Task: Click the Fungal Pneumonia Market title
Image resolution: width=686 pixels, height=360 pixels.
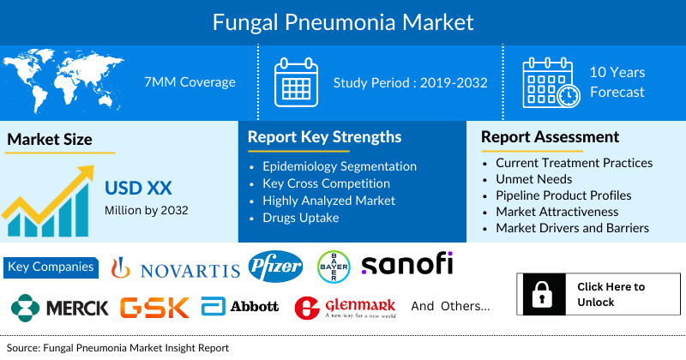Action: (x=343, y=19)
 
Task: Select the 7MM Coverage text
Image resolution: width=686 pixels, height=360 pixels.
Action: (x=190, y=82)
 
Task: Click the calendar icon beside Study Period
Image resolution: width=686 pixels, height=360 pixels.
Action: (x=296, y=82)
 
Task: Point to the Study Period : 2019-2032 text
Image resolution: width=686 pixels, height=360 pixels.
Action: (x=410, y=82)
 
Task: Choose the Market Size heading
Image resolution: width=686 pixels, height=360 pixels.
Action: (x=50, y=139)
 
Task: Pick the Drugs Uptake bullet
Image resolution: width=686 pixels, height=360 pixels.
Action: (x=302, y=218)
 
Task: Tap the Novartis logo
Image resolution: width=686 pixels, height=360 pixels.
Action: (x=177, y=269)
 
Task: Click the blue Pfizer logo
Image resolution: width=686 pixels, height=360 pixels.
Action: (x=274, y=267)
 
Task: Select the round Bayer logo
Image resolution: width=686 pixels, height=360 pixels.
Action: (x=334, y=267)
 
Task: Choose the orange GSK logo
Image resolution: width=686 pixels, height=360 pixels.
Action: (x=155, y=308)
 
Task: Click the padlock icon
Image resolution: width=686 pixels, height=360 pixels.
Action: (x=541, y=294)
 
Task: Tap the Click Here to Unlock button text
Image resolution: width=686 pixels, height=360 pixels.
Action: (x=611, y=294)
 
